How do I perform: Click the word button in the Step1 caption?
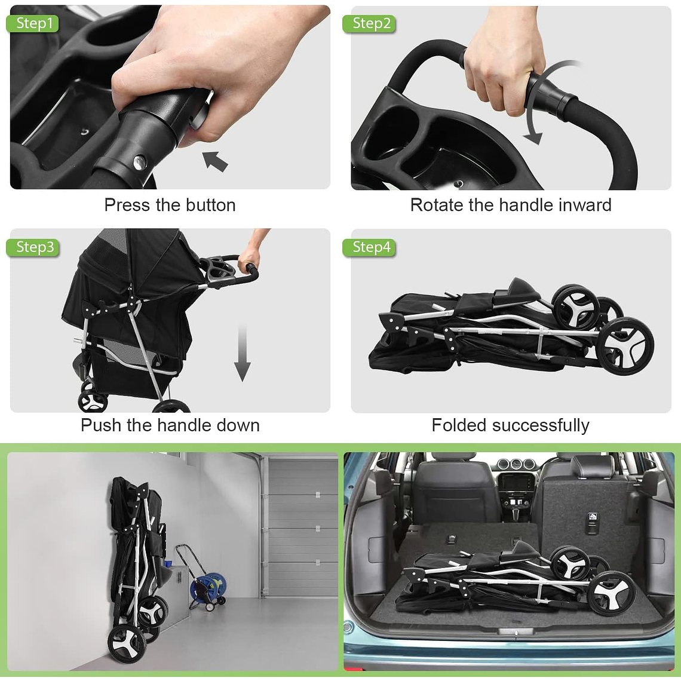(x=211, y=205)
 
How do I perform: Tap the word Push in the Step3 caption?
(x=101, y=425)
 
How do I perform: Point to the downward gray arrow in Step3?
(x=242, y=352)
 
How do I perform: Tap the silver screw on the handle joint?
(x=139, y=161)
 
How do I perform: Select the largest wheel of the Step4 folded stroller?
(x=625, y=346)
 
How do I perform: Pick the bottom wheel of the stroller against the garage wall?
(x=127, y=643)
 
